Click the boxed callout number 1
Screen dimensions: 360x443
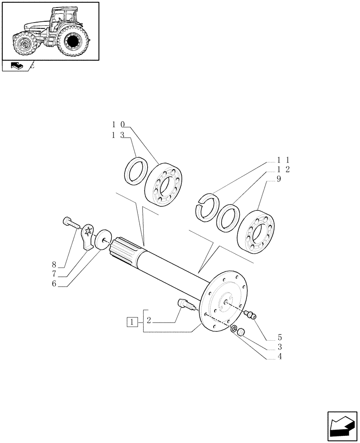coord(132,322)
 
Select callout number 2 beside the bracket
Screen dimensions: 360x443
coord(149,321)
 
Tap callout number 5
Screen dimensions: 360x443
coord(280,337)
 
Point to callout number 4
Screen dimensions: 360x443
coord(280,356)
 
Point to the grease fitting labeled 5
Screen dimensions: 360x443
coord(250,315)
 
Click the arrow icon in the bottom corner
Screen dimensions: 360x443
coord(342,427)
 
